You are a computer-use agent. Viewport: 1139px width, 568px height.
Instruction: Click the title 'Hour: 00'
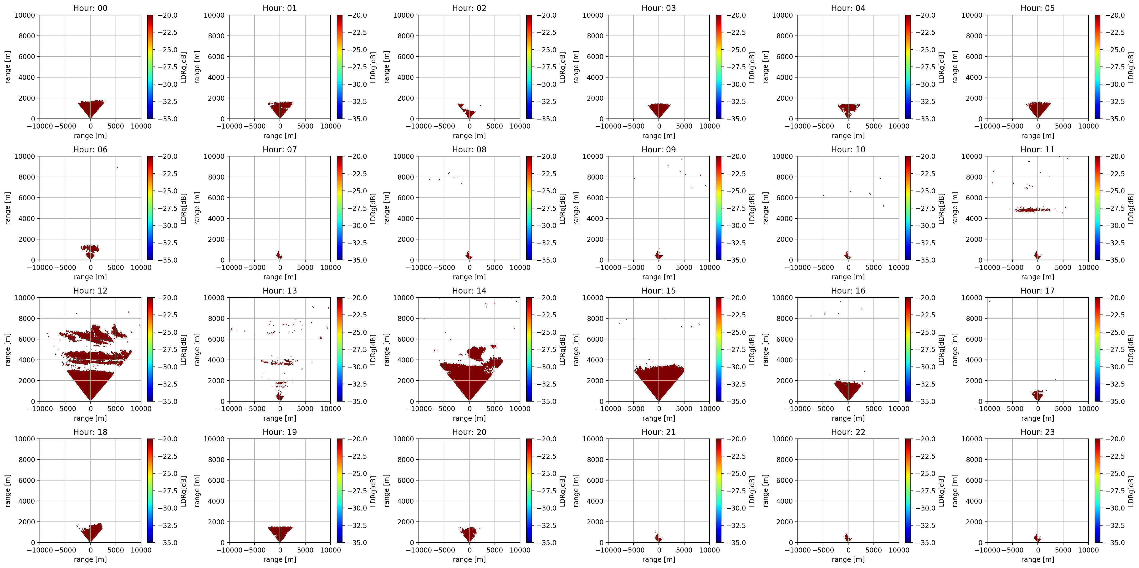point(90,8)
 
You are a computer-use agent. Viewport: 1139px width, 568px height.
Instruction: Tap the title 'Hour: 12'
point(90,291)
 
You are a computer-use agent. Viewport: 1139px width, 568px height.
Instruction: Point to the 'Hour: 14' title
point(469,291)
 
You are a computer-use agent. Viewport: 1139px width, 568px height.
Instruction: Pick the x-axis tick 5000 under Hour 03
point(684,126)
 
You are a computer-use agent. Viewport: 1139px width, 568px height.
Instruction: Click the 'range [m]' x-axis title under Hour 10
point(848,277)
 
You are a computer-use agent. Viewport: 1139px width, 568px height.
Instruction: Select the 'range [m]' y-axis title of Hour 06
point(8,208)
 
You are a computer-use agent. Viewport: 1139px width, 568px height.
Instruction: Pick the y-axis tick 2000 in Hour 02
point(405,98)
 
